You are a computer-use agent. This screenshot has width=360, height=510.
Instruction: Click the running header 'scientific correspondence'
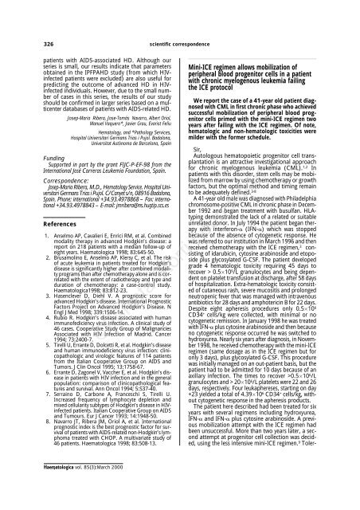tap(181, 14)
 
